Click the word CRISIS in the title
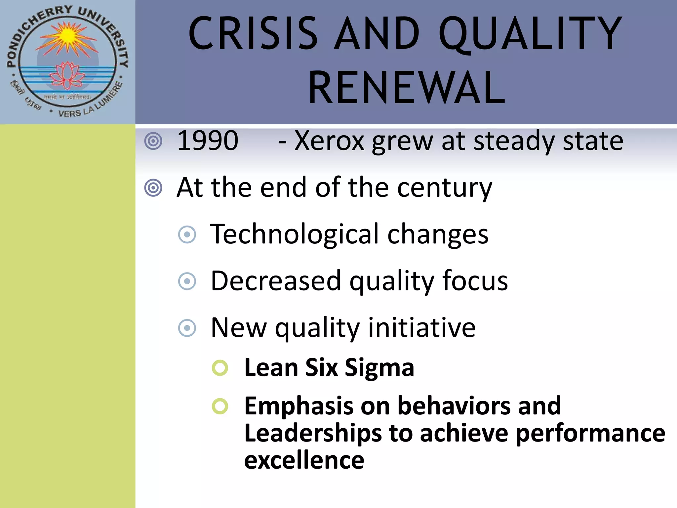[253, 34]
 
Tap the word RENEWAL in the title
[407, 89]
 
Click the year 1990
[208, 141]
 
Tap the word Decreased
[276, 281]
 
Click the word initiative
[422, 327]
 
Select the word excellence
[304, 460]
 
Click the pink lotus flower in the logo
[67, 75]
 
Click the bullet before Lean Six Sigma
[220, 368]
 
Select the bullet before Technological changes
[187, 234]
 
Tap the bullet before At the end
[153, 188]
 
